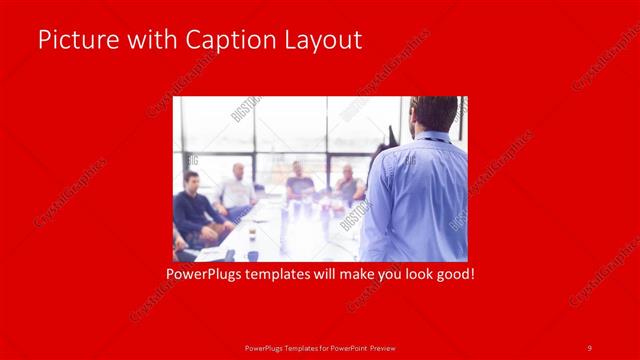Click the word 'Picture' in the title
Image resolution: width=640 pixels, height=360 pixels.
pos(72,40)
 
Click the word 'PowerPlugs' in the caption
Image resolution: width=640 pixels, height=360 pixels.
pos(204,272)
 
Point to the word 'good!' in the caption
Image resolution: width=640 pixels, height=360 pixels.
pos(452,272)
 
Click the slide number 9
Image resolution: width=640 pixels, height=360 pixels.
pos(590,347)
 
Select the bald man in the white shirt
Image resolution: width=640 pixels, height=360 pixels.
pos(237,188)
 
